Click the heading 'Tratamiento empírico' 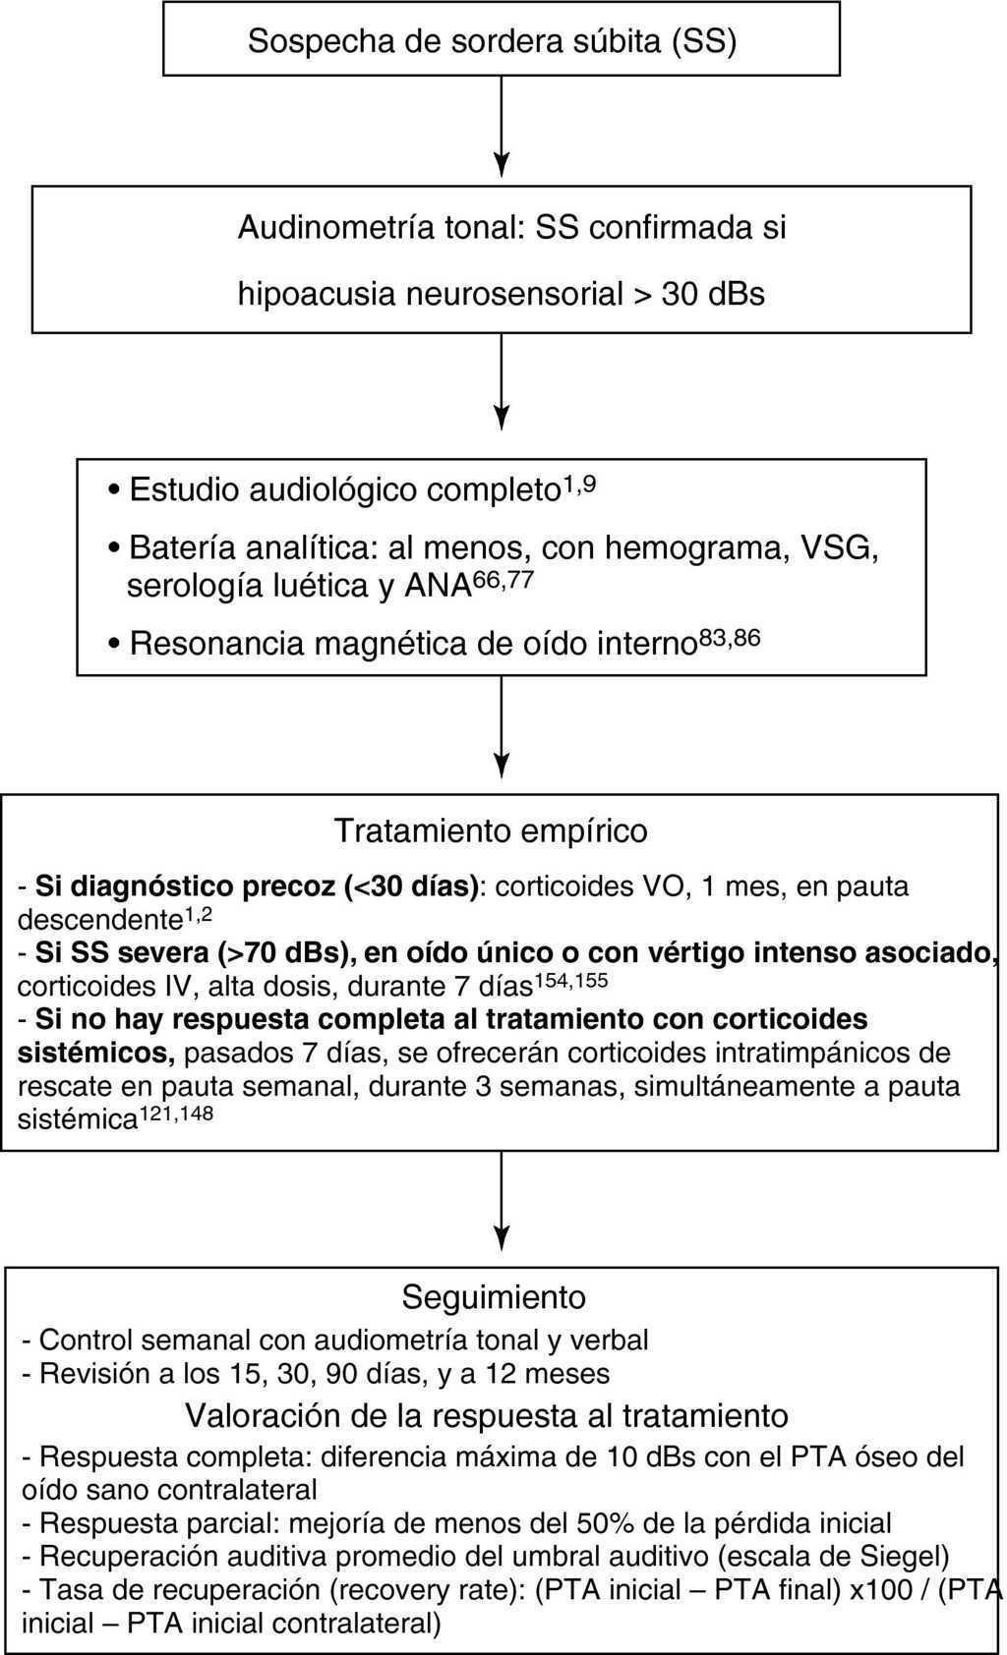[491, 830]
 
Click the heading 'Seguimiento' [494, 1297]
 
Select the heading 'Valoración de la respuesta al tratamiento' [487, 1415]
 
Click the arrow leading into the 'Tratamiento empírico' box [502, 727]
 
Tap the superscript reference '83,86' [729, 638]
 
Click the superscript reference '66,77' [503, 580]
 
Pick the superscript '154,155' [570, 980]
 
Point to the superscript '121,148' [176, 1113]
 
